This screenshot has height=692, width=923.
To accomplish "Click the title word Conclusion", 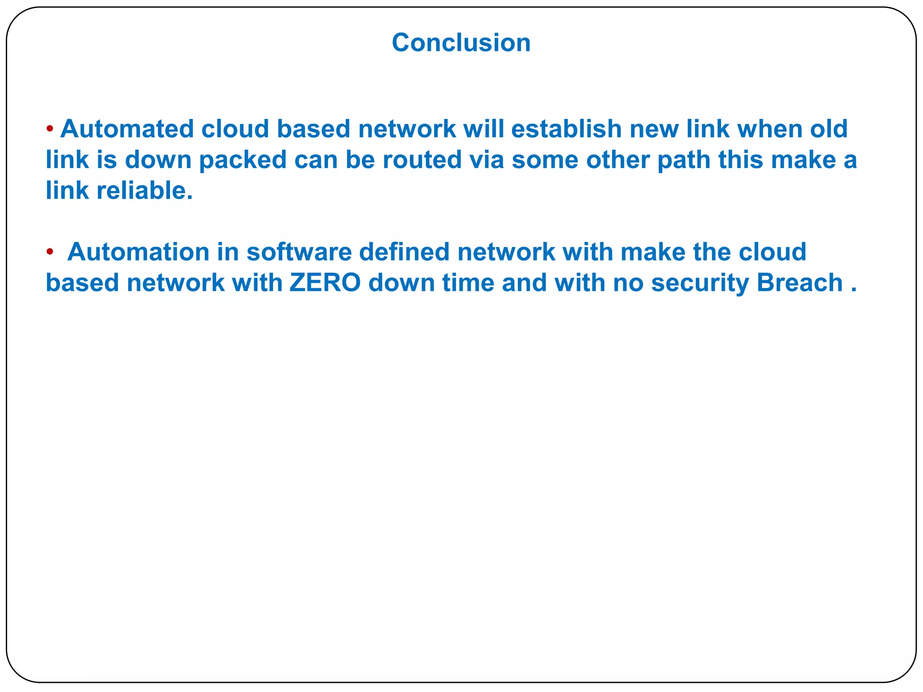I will [461, 43].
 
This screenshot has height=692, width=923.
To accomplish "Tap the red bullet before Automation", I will [50, 251].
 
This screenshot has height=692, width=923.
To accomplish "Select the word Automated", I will [127, 129].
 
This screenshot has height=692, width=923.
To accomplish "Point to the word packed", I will [243, 160].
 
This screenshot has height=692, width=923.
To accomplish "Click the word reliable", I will [145, 191].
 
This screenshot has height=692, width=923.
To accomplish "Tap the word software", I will [299, 252].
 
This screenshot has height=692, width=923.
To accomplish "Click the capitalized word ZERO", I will [325, 283].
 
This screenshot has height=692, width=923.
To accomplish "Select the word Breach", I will [800, 283].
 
